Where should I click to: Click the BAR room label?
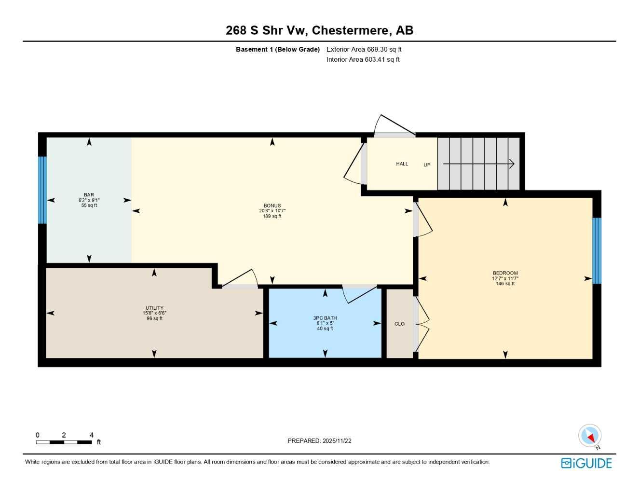[89, 195]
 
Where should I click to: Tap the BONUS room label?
[272, 206]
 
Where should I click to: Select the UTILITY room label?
[154, 308]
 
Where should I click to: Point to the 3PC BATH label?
[325, 318]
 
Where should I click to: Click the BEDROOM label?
[505, 273]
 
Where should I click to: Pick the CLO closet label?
[399, 324]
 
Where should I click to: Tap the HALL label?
[402, 164]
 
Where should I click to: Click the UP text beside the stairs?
[427, 165]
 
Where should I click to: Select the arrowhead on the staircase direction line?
[512, 164]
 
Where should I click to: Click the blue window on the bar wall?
[42, 190]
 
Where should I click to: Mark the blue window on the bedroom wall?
[597, 251]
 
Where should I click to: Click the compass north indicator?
[590, 436]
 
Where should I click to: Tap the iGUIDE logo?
[586, 463]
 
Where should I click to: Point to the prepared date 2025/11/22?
[337, 441]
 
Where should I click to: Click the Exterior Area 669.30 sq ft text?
[364, 49]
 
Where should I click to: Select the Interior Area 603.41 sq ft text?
[363, 59]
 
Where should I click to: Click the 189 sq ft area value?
[272, 216]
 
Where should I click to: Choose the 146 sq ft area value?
[505, 284]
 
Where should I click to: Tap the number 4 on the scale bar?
[91, 435]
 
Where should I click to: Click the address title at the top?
[319, 30]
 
